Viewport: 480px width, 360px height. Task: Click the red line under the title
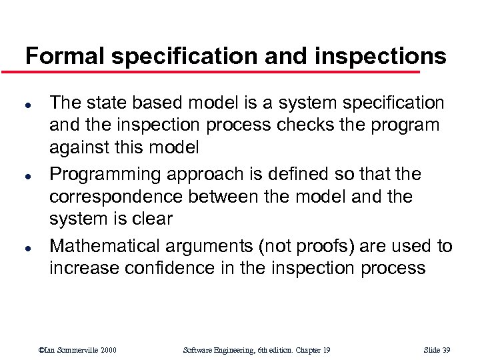click(x=220, y=72)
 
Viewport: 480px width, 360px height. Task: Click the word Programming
click(x=105, y=175)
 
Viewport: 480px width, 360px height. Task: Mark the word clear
click(x=153, y=219)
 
